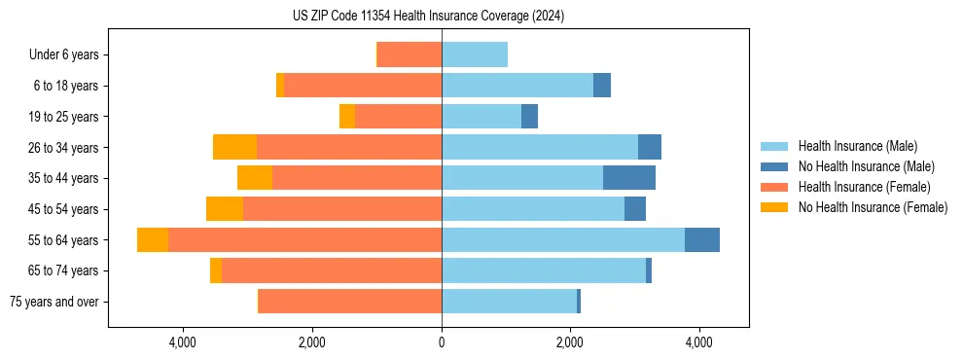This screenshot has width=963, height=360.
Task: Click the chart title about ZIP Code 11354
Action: pos(428,17)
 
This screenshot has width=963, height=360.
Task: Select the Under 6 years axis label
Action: pos(69,55)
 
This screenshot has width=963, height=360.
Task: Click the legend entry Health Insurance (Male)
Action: pos(857,146)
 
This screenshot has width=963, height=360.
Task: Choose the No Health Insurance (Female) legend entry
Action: pos(873,207)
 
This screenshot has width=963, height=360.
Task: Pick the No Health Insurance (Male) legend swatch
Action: pos(774,166)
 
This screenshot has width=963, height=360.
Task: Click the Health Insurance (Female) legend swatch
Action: pos(774,187)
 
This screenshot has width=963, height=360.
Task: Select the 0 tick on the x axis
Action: pos(442,342)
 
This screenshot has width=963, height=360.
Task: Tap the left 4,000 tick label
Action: pos(183,342)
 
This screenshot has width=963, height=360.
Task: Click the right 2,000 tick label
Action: pos(570,342)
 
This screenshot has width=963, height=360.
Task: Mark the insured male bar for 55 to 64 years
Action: pos(563,240)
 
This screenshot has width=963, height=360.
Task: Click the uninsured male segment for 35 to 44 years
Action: pos(629,178)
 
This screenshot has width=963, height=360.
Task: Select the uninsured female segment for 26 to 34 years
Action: pos(234,148)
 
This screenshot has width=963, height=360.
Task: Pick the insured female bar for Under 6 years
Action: pos(410,55)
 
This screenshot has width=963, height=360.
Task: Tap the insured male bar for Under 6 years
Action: pos(475,55)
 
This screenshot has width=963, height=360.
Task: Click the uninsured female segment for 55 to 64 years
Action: pos(153,240)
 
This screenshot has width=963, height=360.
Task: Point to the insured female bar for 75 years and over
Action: pos(350,302)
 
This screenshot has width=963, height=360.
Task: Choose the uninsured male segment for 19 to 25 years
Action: pos(529,117)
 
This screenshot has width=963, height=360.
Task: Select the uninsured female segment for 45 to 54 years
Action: pos(225,209)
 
